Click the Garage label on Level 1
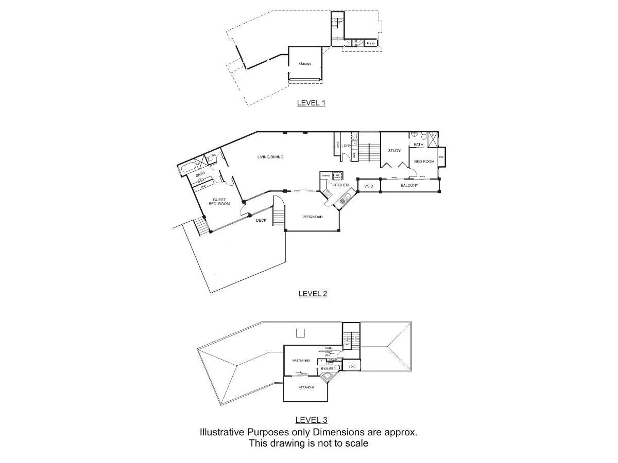305,64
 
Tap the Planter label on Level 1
371,44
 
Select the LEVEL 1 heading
311,103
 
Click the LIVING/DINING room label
270,157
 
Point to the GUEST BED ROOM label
219,201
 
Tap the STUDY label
394,151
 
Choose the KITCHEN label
340,185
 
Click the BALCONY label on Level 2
409,185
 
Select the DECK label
261,220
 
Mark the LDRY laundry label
346,146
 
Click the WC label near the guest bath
213,155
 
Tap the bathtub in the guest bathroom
188,168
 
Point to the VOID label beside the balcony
369,186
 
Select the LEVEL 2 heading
313,294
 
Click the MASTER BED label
301,361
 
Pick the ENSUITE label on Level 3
327,369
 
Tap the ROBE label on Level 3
329,348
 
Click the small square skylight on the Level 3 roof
301,333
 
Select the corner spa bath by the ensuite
327,379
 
